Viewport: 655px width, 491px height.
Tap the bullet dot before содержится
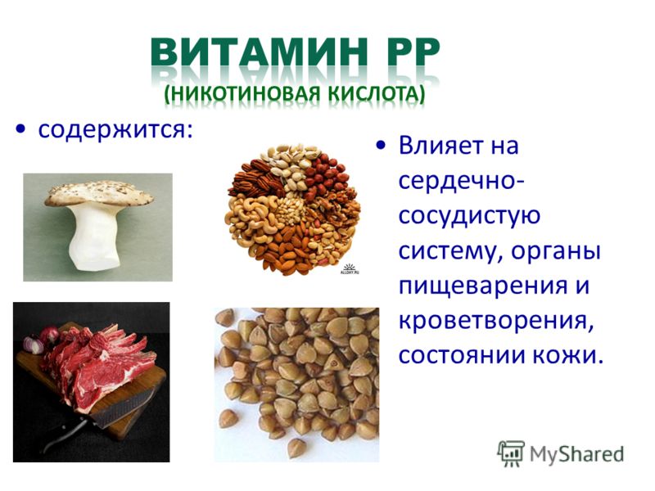point(20,129)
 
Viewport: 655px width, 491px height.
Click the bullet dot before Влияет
point(380,145)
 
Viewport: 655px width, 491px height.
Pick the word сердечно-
point(462,182)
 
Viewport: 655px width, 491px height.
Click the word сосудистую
point(469,216)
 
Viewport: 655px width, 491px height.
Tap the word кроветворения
point(496,321)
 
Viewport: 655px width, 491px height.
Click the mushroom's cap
point(98,193)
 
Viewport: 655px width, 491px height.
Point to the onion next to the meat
point(34,345)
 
